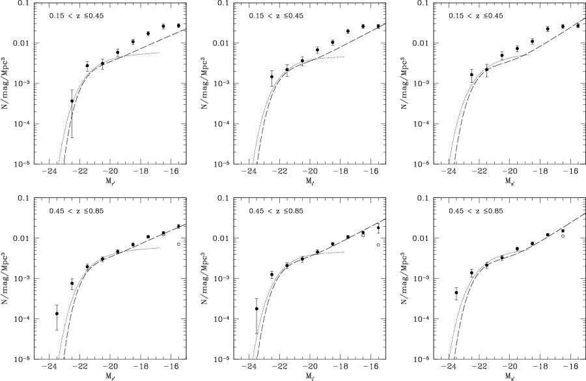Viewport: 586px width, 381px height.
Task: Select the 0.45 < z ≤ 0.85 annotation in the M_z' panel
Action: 477,211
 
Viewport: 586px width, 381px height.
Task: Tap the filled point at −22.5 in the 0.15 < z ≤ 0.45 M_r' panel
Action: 72,101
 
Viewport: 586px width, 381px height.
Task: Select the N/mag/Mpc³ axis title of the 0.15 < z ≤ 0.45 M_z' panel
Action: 404,83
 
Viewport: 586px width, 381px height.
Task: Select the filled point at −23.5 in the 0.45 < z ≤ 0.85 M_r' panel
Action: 57,313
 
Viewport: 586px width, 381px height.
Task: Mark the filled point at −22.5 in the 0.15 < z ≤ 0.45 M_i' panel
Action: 272,77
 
